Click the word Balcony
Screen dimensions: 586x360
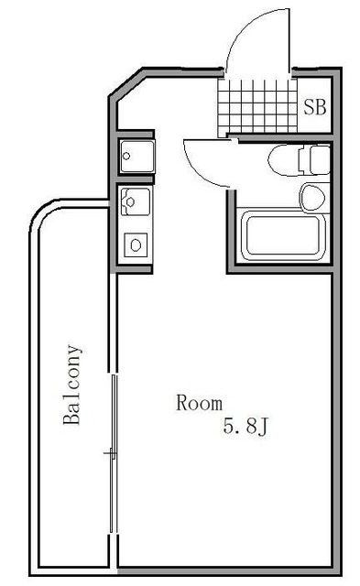72,385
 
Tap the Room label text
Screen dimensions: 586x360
200,402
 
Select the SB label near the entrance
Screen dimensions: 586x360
314,105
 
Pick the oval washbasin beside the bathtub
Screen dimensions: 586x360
312,195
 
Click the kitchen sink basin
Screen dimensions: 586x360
132,198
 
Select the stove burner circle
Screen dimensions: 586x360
136,244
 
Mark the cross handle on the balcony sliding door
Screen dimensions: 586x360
110,452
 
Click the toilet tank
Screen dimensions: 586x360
317,160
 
